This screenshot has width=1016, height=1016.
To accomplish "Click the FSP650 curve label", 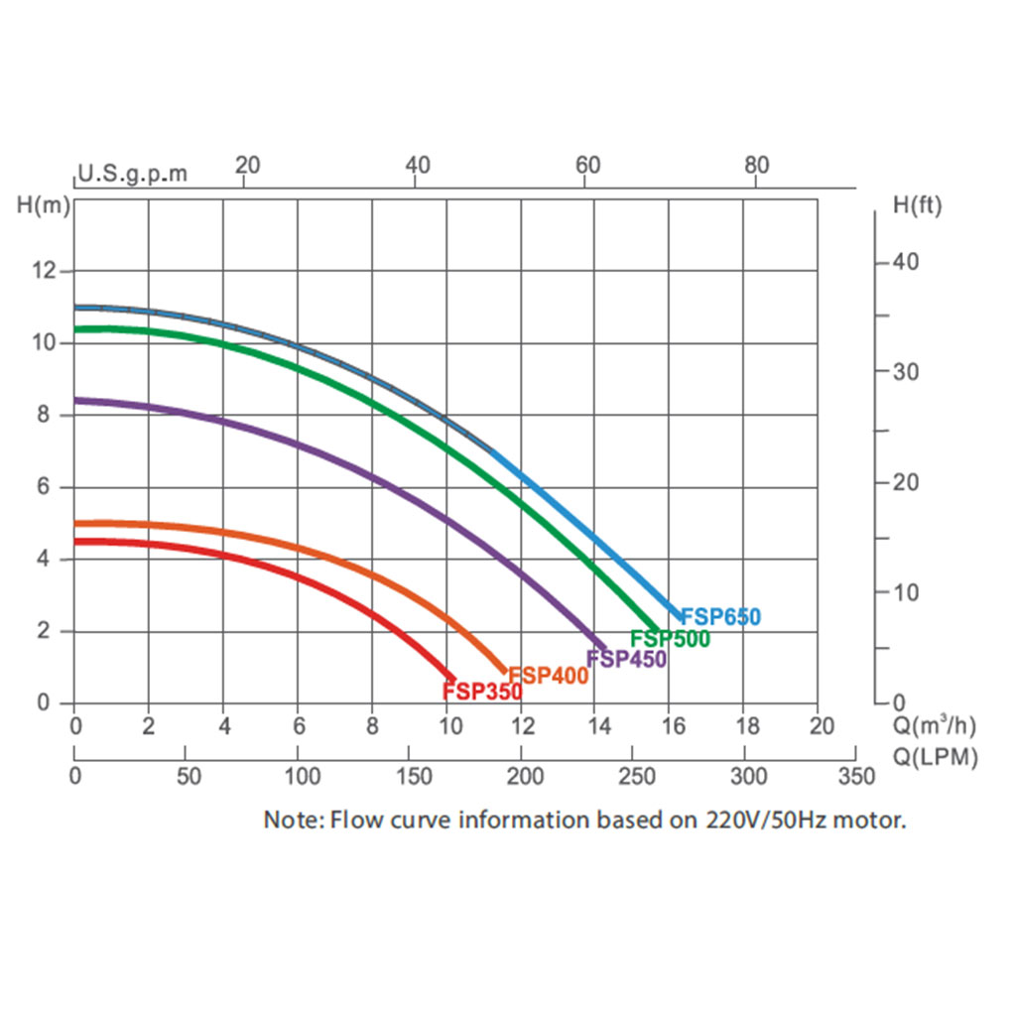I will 720,617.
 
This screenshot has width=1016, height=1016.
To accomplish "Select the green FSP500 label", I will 670,639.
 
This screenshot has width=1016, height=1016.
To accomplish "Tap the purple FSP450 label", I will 626,659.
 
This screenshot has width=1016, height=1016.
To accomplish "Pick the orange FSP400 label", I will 549,676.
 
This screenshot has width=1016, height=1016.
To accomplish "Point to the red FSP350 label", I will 482,692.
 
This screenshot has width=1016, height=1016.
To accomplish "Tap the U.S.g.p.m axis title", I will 132,175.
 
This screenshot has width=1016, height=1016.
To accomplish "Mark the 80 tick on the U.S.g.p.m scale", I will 757,165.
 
